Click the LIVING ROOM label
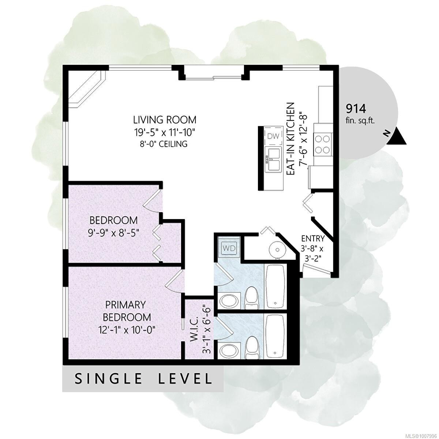(x=165, y=120)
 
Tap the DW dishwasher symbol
(x=273, y=137)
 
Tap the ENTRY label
(x=313, y=239)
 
